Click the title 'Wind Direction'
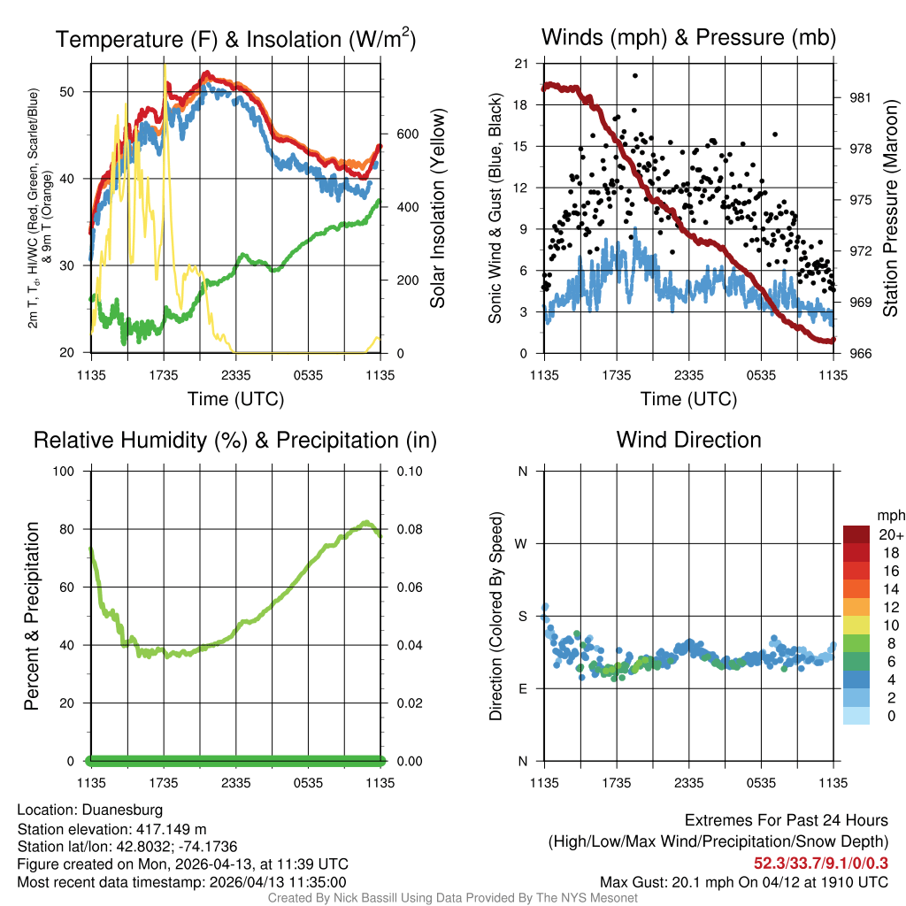pyautogui.click(x=688, y=440)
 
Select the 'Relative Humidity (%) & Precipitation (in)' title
pyautogui.click(x=234, y=440)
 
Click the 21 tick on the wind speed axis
pyautogui.click(x=521, y=64)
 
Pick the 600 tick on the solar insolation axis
pyautogui.click(x=406, y=134)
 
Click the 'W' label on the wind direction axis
pyautogui.click(x=522, y=543)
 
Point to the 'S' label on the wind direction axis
pyautogui.click(x=522, y=616)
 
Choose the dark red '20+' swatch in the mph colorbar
pyautogui.click(x=856, y=534)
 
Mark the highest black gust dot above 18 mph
pyautogui.click(x=635, y=76)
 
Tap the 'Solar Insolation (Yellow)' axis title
pyautogui.click(x=437, y=209)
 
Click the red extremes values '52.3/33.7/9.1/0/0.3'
pyautogui.click(x=820, y=863)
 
